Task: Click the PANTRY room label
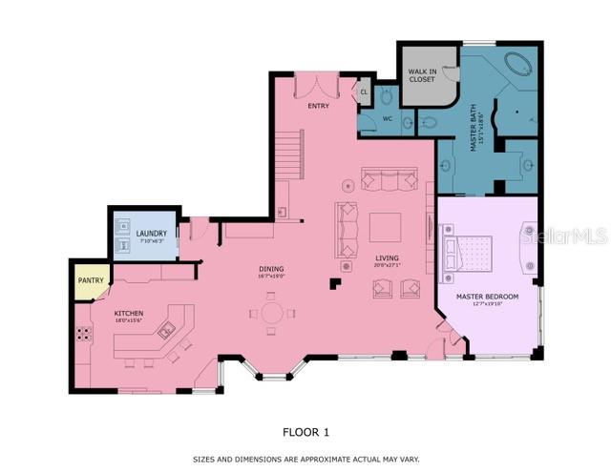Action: point(90,281)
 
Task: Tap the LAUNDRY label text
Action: point(151,234)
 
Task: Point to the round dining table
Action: point(272,313)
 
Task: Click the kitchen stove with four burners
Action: point(85,334)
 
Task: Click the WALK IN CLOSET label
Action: point(422,74)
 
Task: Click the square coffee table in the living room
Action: point(386,227)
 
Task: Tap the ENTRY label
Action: point(318,106)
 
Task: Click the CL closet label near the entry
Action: point(363,92)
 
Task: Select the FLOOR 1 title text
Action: point(305,432)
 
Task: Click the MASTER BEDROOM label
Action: point(486,297)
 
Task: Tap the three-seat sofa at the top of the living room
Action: point(389,179)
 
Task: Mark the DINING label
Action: point(271,270)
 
